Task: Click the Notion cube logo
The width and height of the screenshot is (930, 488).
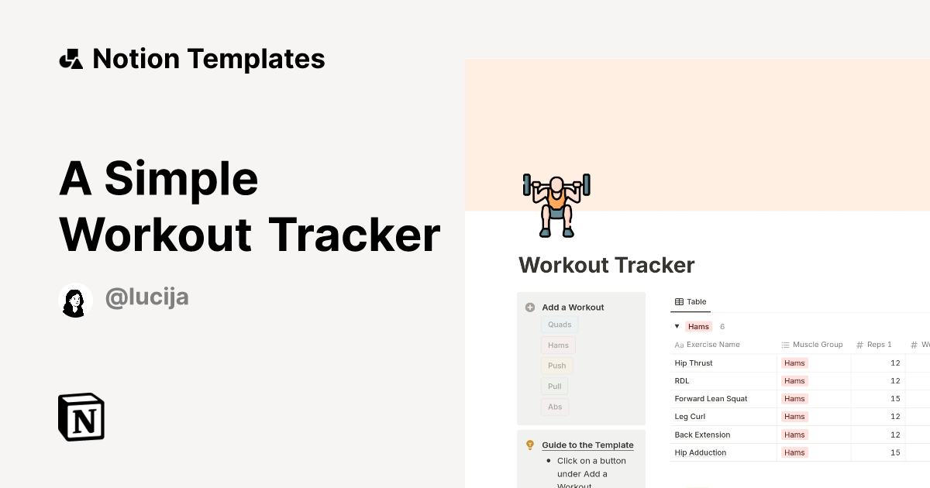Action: (x=81, y=417)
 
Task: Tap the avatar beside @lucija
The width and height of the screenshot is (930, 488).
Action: (x=75, y=301)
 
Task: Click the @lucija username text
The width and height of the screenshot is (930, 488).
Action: (x=147, y=297)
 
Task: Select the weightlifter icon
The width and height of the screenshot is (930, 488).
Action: (x=556, y=204)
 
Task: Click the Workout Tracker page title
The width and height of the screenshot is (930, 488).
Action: (x=606, y=265)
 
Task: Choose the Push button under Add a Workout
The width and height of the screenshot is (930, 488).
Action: (x=556, y=366)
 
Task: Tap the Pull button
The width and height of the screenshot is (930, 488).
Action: (x=554, y=386)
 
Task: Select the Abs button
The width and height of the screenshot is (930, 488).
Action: (x=554, y=407)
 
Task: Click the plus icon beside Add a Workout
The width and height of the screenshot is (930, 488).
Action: (x=530, y=308)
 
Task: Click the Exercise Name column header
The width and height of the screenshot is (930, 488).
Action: (x=713, y=345)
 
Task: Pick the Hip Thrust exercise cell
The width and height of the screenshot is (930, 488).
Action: (x=694, y=363)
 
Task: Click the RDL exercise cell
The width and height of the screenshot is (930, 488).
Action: (x=682, y=381)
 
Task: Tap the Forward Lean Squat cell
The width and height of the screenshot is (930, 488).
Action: (x=711, y=399)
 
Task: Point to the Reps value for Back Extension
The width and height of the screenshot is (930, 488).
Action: (x=895, y=435)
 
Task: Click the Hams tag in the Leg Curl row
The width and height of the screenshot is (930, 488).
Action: (x=794, y=417)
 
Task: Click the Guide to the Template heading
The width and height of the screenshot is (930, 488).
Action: (x=587, y=445)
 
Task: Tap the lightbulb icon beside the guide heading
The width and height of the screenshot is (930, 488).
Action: (x=530, y=445)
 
